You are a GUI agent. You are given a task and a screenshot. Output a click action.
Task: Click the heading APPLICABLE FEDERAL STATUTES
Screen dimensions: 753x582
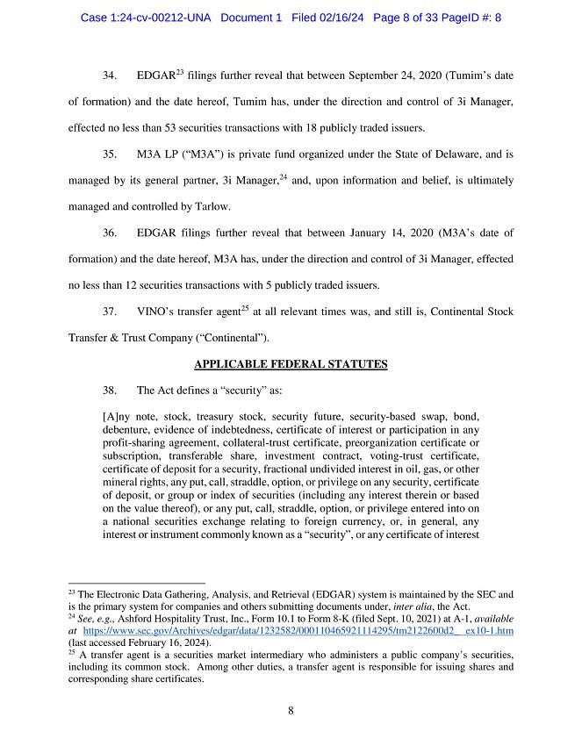coord(291,363)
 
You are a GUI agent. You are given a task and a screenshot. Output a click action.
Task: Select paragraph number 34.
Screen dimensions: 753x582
coord(111,75)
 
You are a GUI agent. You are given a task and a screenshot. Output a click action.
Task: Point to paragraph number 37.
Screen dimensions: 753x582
coord(111,312)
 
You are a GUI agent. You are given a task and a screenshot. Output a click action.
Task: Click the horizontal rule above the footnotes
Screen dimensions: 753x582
coord(136,582)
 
